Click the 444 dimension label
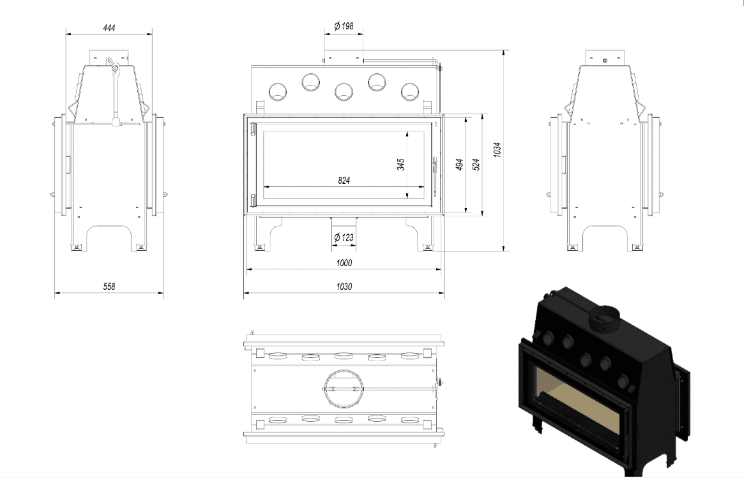coord(109,28)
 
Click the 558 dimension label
coord(109,287)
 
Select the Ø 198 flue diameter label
coord(344,26)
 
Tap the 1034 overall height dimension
coord(497,150)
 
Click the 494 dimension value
coord(459,165)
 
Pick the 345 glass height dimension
coord(401,165)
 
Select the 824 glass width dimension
coord(344,181)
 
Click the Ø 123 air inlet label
coord(344,237)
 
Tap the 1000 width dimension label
coord(344,263)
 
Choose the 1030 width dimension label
coord(344,287)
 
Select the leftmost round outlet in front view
coord(278,92)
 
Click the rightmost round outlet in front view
coord(409,92)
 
